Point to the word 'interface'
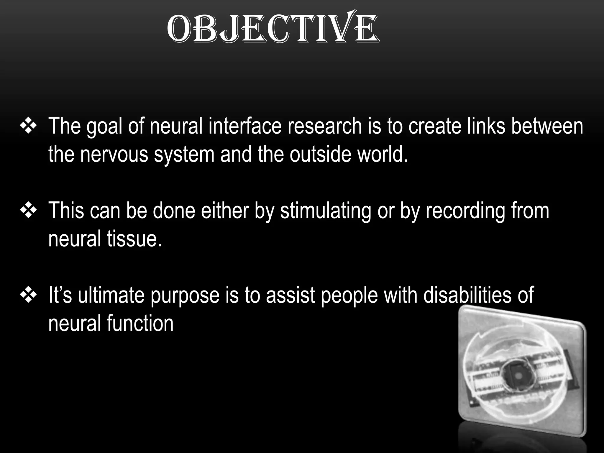pyautogui.click(x=245, y=126)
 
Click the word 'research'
pyautogui.click(x=324, y=126)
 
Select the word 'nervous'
pyautogui.click(x=114, y=155)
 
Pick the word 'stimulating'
pyautogui.click(x=326, y=211)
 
